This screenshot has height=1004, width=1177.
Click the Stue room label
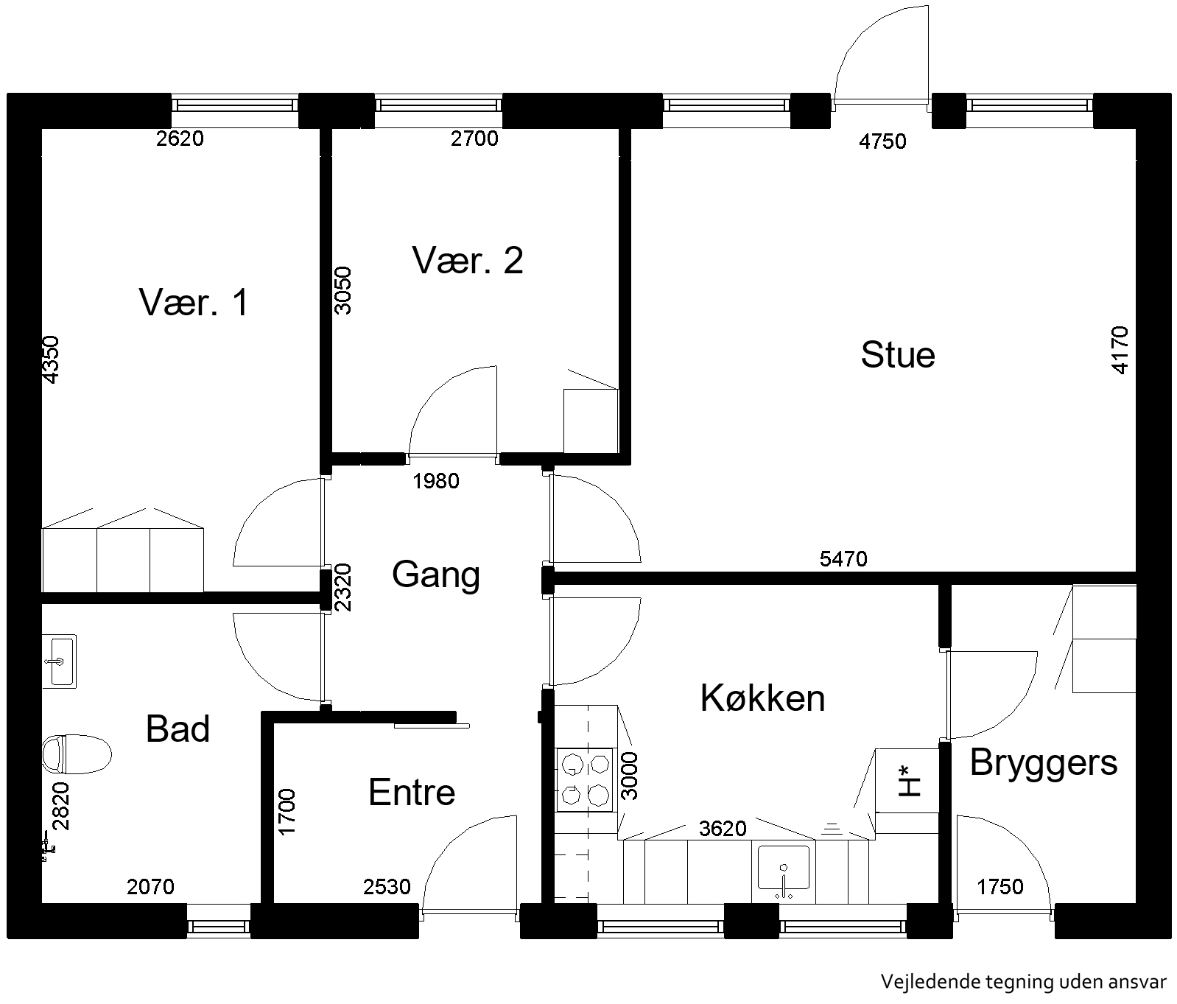coord(898,355)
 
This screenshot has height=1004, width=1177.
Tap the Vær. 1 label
coord(194,303)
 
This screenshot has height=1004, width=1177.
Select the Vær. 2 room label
coord(468,261)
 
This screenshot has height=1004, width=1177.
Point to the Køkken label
coord(762,698)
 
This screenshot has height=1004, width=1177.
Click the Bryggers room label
coord(1044,763)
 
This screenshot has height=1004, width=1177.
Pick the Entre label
coord(412,793)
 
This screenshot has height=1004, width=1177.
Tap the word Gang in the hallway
coord(436,575)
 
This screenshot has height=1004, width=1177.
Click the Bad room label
coord(178,729)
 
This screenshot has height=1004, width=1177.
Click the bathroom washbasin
coord(59,661)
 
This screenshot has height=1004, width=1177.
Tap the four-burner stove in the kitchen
coord(586,780)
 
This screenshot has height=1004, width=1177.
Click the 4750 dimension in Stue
coord(882,141)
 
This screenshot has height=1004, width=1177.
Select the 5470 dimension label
coord(843,559)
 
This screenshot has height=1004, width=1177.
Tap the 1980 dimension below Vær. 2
coord(436,481)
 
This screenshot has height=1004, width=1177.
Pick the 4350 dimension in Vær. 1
coord(50,359)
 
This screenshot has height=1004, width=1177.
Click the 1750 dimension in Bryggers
coord(999,886)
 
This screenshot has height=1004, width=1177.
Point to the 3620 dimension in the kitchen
coord(723,829)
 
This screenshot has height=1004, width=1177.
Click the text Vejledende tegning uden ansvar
coord(1024,982)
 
